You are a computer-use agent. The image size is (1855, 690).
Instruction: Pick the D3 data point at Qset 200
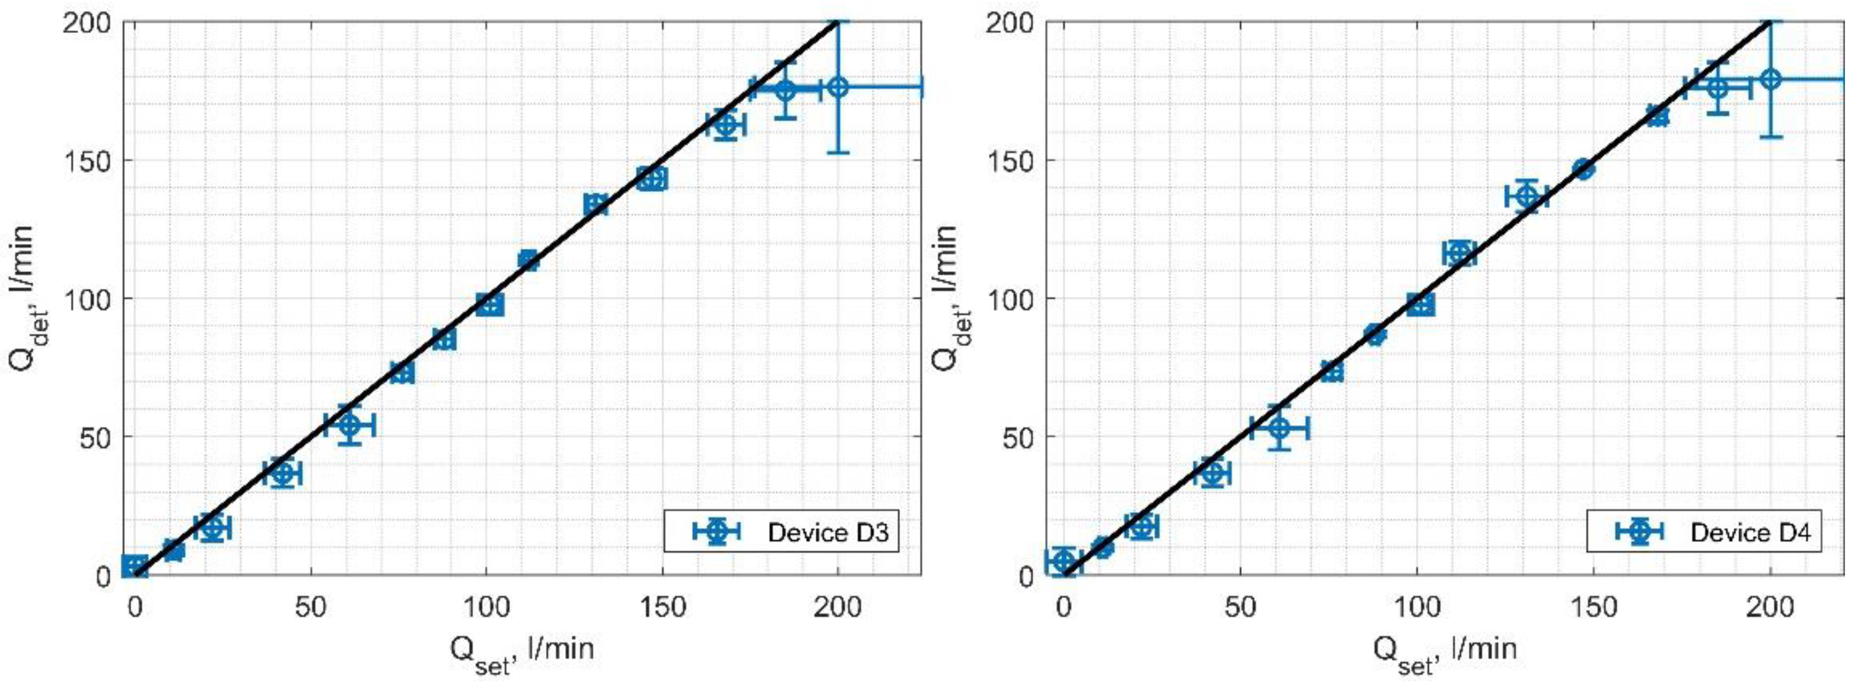837,87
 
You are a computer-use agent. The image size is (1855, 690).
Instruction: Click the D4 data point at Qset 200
1771,79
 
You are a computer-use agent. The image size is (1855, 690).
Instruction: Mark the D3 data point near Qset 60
349,425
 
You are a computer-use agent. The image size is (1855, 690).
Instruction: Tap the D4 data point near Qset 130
1526,196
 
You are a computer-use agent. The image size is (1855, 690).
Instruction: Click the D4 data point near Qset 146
1583,169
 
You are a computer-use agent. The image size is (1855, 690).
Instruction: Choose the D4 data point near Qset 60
1279,428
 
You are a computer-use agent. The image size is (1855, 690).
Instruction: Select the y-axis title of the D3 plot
22,298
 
